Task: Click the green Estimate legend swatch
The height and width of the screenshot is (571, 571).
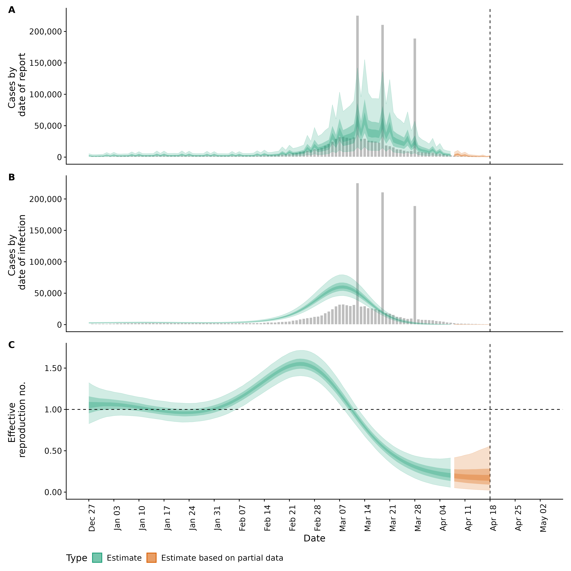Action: [97, 558]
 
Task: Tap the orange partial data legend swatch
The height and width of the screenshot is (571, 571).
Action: [151, 558]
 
